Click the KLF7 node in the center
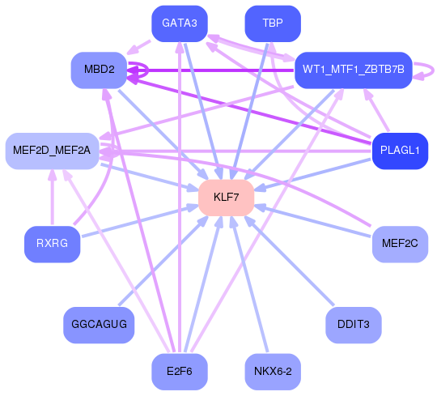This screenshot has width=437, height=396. point(227,198)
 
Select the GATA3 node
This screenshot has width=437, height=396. point(180,23)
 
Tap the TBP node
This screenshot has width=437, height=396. point(273,23)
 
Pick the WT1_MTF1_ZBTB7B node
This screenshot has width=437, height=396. point(354,69)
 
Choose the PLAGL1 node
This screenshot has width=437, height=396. point(399,151)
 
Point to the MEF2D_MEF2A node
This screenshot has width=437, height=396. point(52,151)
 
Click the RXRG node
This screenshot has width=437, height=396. point(52,242)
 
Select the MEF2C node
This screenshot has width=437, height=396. point(399,242)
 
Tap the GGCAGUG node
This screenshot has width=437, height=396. point(99,324)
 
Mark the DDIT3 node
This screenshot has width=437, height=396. point(354,324)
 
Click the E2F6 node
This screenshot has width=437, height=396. point(180,373)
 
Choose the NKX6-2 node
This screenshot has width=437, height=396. point(273,373)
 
